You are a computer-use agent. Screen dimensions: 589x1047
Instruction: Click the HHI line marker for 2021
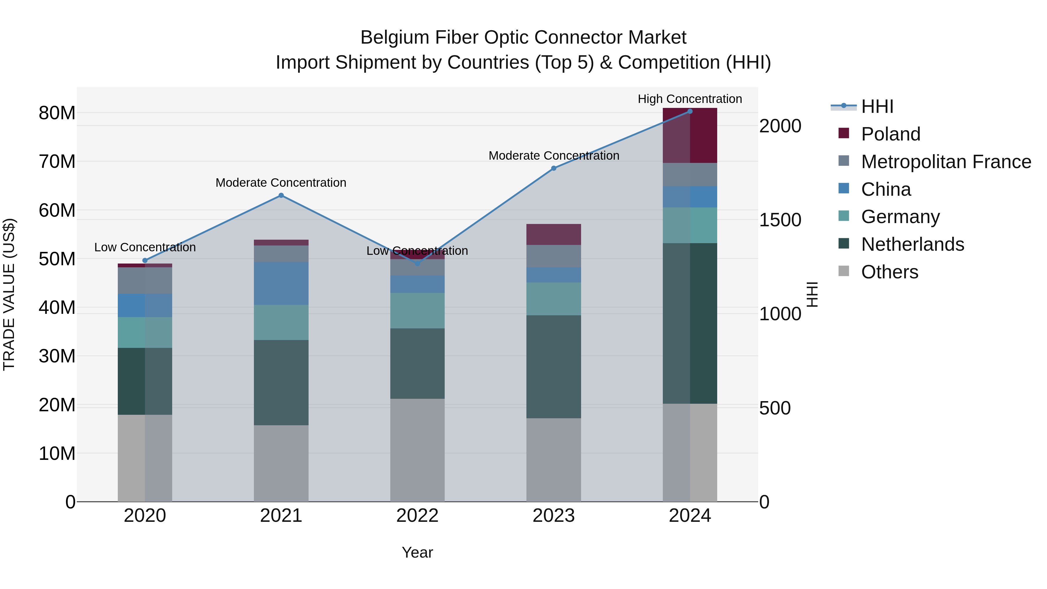pyautogui.click(x=281, y=195)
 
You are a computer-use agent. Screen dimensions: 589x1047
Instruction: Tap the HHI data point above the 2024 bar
pyautogui.click(x=690, y=111)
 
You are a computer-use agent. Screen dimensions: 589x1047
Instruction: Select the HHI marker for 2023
pyautogui.click(x=553, y=168)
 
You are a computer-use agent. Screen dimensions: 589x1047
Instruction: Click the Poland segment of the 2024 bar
pyautogui.click(x=690, y=136)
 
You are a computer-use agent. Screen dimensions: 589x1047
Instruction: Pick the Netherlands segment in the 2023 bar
pyautogui.click(x=553, y=367)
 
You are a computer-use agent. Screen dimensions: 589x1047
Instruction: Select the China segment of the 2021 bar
pyautogui.click(x=281, y=283)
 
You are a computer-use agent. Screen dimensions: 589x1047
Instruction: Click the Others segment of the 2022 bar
pyautogui.click(x=417, y=450)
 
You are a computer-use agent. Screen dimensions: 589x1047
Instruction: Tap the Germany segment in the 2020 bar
pyautogui.click(x=145, y=332)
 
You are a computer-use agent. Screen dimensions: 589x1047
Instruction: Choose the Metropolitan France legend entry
pyautogui.click(x=946, y=162)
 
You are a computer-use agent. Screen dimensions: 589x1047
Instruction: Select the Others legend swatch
pyautogui.click(x=844, y=271)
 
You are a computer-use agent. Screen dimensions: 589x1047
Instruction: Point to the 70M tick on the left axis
pyautogui.click(x=57, y=162)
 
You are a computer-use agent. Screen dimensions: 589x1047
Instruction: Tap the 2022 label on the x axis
pyautogui.click(x=417, y=516)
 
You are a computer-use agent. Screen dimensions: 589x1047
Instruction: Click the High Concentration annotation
pyautogui.click(x=690, y=99)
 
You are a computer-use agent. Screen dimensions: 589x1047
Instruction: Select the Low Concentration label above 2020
pyautogui.click(x=145, y=247)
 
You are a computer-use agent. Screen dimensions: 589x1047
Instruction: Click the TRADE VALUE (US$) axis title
pyautogui.click(x=9, y=294)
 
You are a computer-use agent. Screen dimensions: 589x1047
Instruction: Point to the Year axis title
pyautogui.click(x=417, y=552)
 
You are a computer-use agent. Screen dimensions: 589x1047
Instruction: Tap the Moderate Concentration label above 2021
pyautogui.click(x=281, y=182)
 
